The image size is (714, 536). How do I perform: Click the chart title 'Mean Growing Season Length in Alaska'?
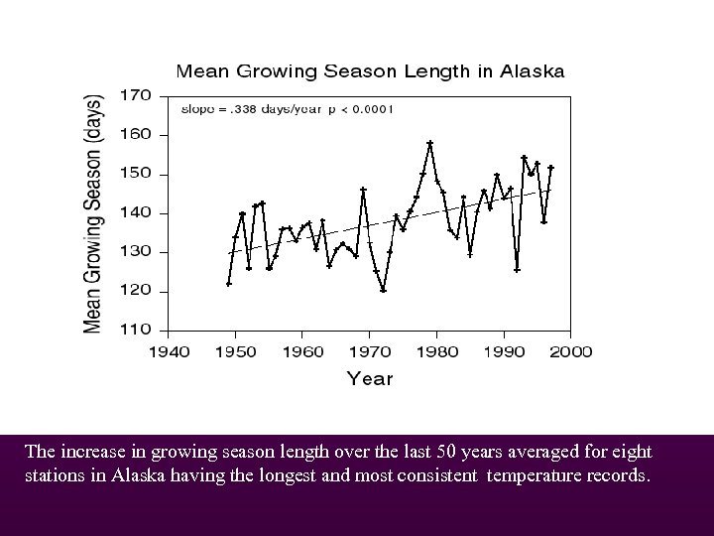[x=370, y=71]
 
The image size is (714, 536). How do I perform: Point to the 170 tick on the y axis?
[x=137, y=96]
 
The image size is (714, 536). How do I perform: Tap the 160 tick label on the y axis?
[x=137, y=135]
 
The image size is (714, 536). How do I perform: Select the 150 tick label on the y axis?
[x=137, y=174]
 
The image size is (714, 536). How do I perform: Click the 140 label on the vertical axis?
[x=137, y=212]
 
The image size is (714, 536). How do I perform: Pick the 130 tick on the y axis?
[x=137, y=251]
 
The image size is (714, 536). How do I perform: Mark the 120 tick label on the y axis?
[x=137, y=291]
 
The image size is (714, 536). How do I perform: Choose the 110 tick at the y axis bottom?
[x=137, y=329]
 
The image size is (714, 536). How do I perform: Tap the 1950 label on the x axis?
[x=234, y=351]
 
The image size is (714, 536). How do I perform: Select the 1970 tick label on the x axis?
[x=370, y=351]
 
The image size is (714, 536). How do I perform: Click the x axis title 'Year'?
[x=369, y=378]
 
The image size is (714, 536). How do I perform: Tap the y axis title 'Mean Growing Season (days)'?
[x=92, y=213]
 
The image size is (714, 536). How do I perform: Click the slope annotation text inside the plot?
[x=287, y=109]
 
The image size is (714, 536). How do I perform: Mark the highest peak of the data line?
[x=429, y=142]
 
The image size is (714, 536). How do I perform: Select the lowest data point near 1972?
[x=383, y=291]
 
